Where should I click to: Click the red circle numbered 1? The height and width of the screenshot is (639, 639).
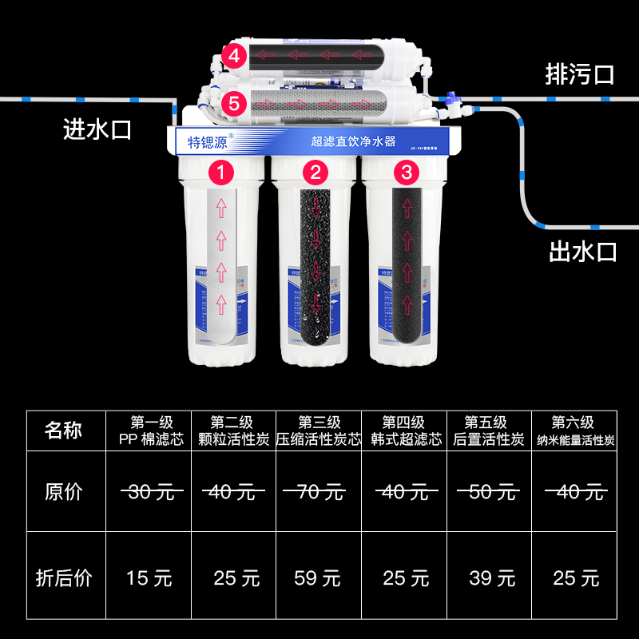pos(221,172)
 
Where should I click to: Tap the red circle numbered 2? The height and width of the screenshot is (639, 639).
pos(314,172)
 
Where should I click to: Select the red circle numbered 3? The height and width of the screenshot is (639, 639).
pos(407,172)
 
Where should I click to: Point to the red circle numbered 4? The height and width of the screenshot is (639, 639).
pos(234,57)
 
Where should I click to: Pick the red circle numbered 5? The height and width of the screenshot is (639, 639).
pos(234,102)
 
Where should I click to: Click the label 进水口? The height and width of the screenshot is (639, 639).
pos(97,130)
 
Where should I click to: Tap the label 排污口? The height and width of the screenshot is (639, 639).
pos(579,76)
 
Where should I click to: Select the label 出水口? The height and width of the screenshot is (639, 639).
pos(583,252)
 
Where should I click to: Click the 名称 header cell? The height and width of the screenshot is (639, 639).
pos(64,431)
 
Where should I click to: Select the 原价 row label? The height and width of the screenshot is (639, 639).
pos(64,492)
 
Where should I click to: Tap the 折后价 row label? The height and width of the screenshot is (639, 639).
pos(64,577)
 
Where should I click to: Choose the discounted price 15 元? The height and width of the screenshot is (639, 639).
pos(149,577)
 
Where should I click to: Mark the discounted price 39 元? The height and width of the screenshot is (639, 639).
pos(492,577)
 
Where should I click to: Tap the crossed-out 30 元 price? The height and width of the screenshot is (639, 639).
pos(149,492)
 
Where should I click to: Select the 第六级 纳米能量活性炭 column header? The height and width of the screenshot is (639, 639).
pos(575,431)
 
